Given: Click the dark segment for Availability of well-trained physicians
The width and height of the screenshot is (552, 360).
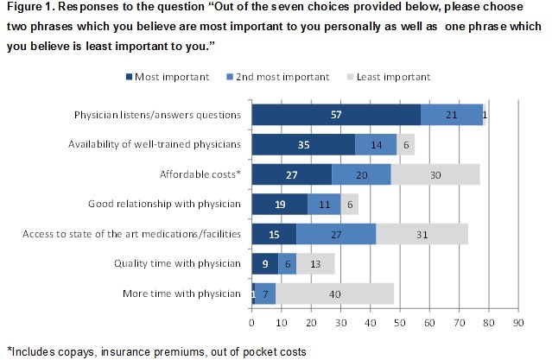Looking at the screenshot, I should pos(303,143).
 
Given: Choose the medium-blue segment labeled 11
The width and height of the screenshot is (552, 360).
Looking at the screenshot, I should pos(323,205).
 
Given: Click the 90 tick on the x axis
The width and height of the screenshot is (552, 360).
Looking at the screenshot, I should pos(518,324).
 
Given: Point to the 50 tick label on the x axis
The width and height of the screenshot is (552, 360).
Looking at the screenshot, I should pos(400,324).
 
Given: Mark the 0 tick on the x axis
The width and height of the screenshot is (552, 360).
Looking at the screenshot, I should pos(251,324).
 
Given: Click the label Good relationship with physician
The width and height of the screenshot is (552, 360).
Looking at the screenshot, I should pos(166,205).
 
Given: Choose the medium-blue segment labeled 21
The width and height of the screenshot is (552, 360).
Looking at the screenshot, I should pos(452,115).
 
